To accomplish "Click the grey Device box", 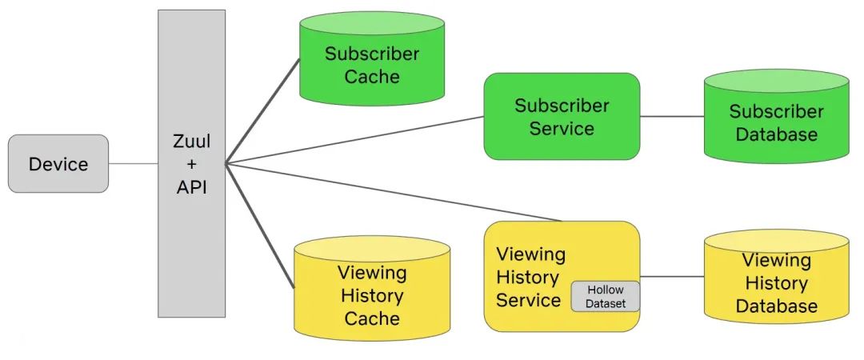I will tap(58, 164).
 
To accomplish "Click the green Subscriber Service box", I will tap(562, 116).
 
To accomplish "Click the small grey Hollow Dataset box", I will tap(606, 296).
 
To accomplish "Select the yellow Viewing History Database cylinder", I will tap(776, 284).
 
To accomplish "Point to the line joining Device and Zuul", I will tap(133, 164).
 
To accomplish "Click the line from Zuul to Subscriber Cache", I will tap(262, 111).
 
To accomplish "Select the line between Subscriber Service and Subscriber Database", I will tap(672, 116).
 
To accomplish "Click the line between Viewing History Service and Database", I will tap(672, 277).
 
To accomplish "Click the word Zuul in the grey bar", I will tap(191, 142).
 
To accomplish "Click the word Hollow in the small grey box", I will tap(606, 290).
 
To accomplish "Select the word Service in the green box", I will tap(562, 128).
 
